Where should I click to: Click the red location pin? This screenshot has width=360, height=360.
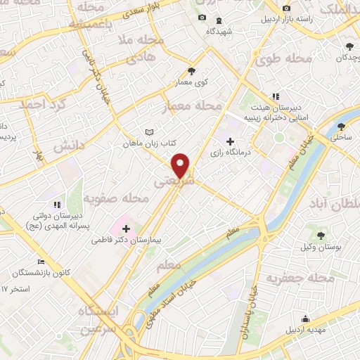[x=181, y=165]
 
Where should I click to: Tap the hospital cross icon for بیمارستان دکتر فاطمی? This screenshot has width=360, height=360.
[x=126, y=228]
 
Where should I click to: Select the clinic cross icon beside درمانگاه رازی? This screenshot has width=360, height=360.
[x=230, y=141]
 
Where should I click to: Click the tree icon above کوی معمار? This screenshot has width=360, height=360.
[x=191, y=71]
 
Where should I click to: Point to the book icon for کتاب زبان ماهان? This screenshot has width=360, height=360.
[x=148, y=132]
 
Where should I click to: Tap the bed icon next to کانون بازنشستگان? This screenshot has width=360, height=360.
[x=42, y=261]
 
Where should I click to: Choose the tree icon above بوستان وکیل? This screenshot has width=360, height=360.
[x=321, y=235]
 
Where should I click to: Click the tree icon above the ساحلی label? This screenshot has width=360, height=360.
[x=342, y=127]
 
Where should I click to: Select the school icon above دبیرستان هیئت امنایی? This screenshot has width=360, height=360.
[x=276, y=96]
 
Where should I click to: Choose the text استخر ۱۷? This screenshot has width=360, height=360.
[x=13, y=288]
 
